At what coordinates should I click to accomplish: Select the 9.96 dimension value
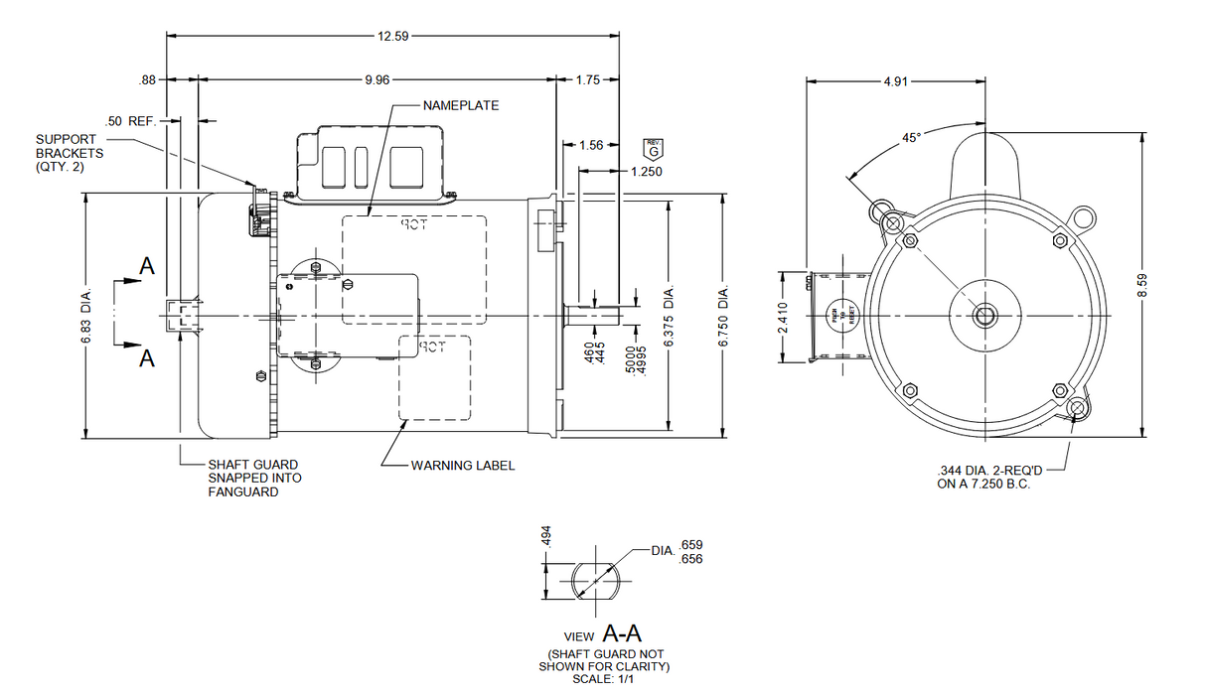[x=377, y=79]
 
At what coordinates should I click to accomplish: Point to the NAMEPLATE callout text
[x=460, y=105]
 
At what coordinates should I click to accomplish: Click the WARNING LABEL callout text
[x=463, y=466]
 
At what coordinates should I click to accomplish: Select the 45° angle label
[x=911, y=139]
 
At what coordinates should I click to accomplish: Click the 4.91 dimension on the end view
[x=896, y=82]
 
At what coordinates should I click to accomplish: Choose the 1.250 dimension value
[x=646, y=171]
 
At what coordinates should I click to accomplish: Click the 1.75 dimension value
[x=588, y=79]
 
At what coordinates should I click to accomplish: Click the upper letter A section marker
[x=147, y=266]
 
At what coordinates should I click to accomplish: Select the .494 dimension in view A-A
[x=545, y=536]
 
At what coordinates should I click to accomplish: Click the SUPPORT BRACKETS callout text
[x=70, y=153]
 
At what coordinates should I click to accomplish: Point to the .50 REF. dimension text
[x=131, y=121]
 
